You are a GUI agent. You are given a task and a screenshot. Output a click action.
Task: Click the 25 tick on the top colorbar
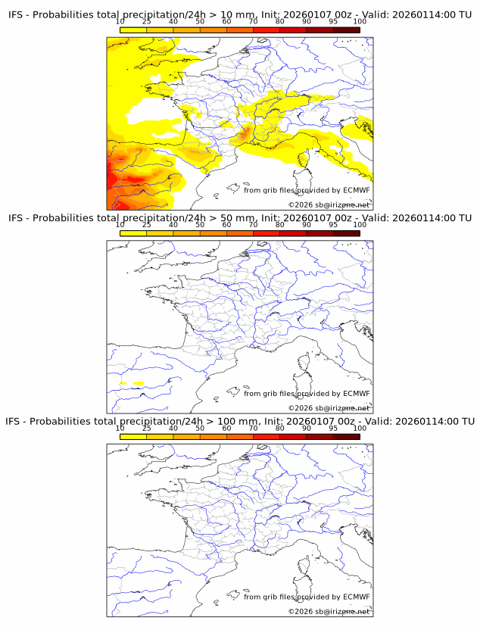click(146, 30)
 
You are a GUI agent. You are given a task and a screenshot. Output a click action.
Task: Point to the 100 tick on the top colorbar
click(360, 30)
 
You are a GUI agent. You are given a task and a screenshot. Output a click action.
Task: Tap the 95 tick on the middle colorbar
click(333, 233)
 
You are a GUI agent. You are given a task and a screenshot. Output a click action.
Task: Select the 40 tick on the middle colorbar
click(173, 233)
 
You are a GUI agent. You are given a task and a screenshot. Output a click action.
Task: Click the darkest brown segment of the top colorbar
click(346, 30)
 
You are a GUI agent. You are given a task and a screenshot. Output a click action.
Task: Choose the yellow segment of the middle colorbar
click(133, 233)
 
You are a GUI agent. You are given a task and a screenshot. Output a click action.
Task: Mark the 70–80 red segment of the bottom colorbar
click(266, 437)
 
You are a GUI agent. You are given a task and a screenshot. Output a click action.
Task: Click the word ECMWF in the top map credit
click(356, 190)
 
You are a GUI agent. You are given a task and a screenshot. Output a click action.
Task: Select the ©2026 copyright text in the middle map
click(301, 408)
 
